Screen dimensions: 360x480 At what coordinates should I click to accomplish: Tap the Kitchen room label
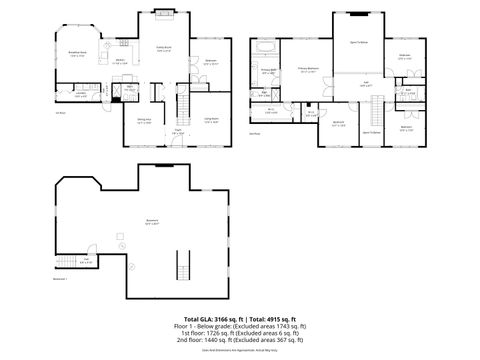click(x=119, y=61)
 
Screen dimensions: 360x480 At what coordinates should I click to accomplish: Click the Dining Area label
click(x=144, y=122)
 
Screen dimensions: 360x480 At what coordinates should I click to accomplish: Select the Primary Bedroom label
click(x=308, y=70)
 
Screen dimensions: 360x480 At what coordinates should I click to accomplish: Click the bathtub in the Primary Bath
click(x=268, y=47)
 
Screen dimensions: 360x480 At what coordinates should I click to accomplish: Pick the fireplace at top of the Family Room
click(x=164, y=12)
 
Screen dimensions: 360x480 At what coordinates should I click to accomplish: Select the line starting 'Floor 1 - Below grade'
click(x=239, y=325)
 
